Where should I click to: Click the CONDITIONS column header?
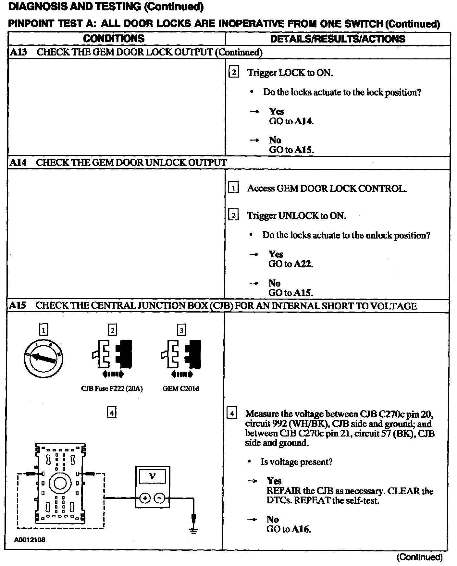pyautogui.click(x=114, y=39)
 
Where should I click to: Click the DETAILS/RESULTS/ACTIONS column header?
pyautogui.click(x=338, y=39)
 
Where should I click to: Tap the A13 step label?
pyautogui.click(x=18, y=52)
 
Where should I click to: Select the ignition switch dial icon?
pyautogui.click(x=43, y=358)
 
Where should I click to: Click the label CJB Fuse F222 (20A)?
pyautogui.click(x=112, y=388)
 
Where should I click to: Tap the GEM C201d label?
pyautogui.click(x=181, y=388)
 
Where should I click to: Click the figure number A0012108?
pyautogui.click(x=30, y=540)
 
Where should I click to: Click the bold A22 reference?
pyautogui.click(x=303, y=264)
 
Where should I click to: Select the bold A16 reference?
pyautogui.click(x=301, y=529)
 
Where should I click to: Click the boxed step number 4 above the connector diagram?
pyautogui.click(x=112, y=413)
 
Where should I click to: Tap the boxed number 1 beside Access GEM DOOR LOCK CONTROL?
pyautogui.click(x=233, y=188)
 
